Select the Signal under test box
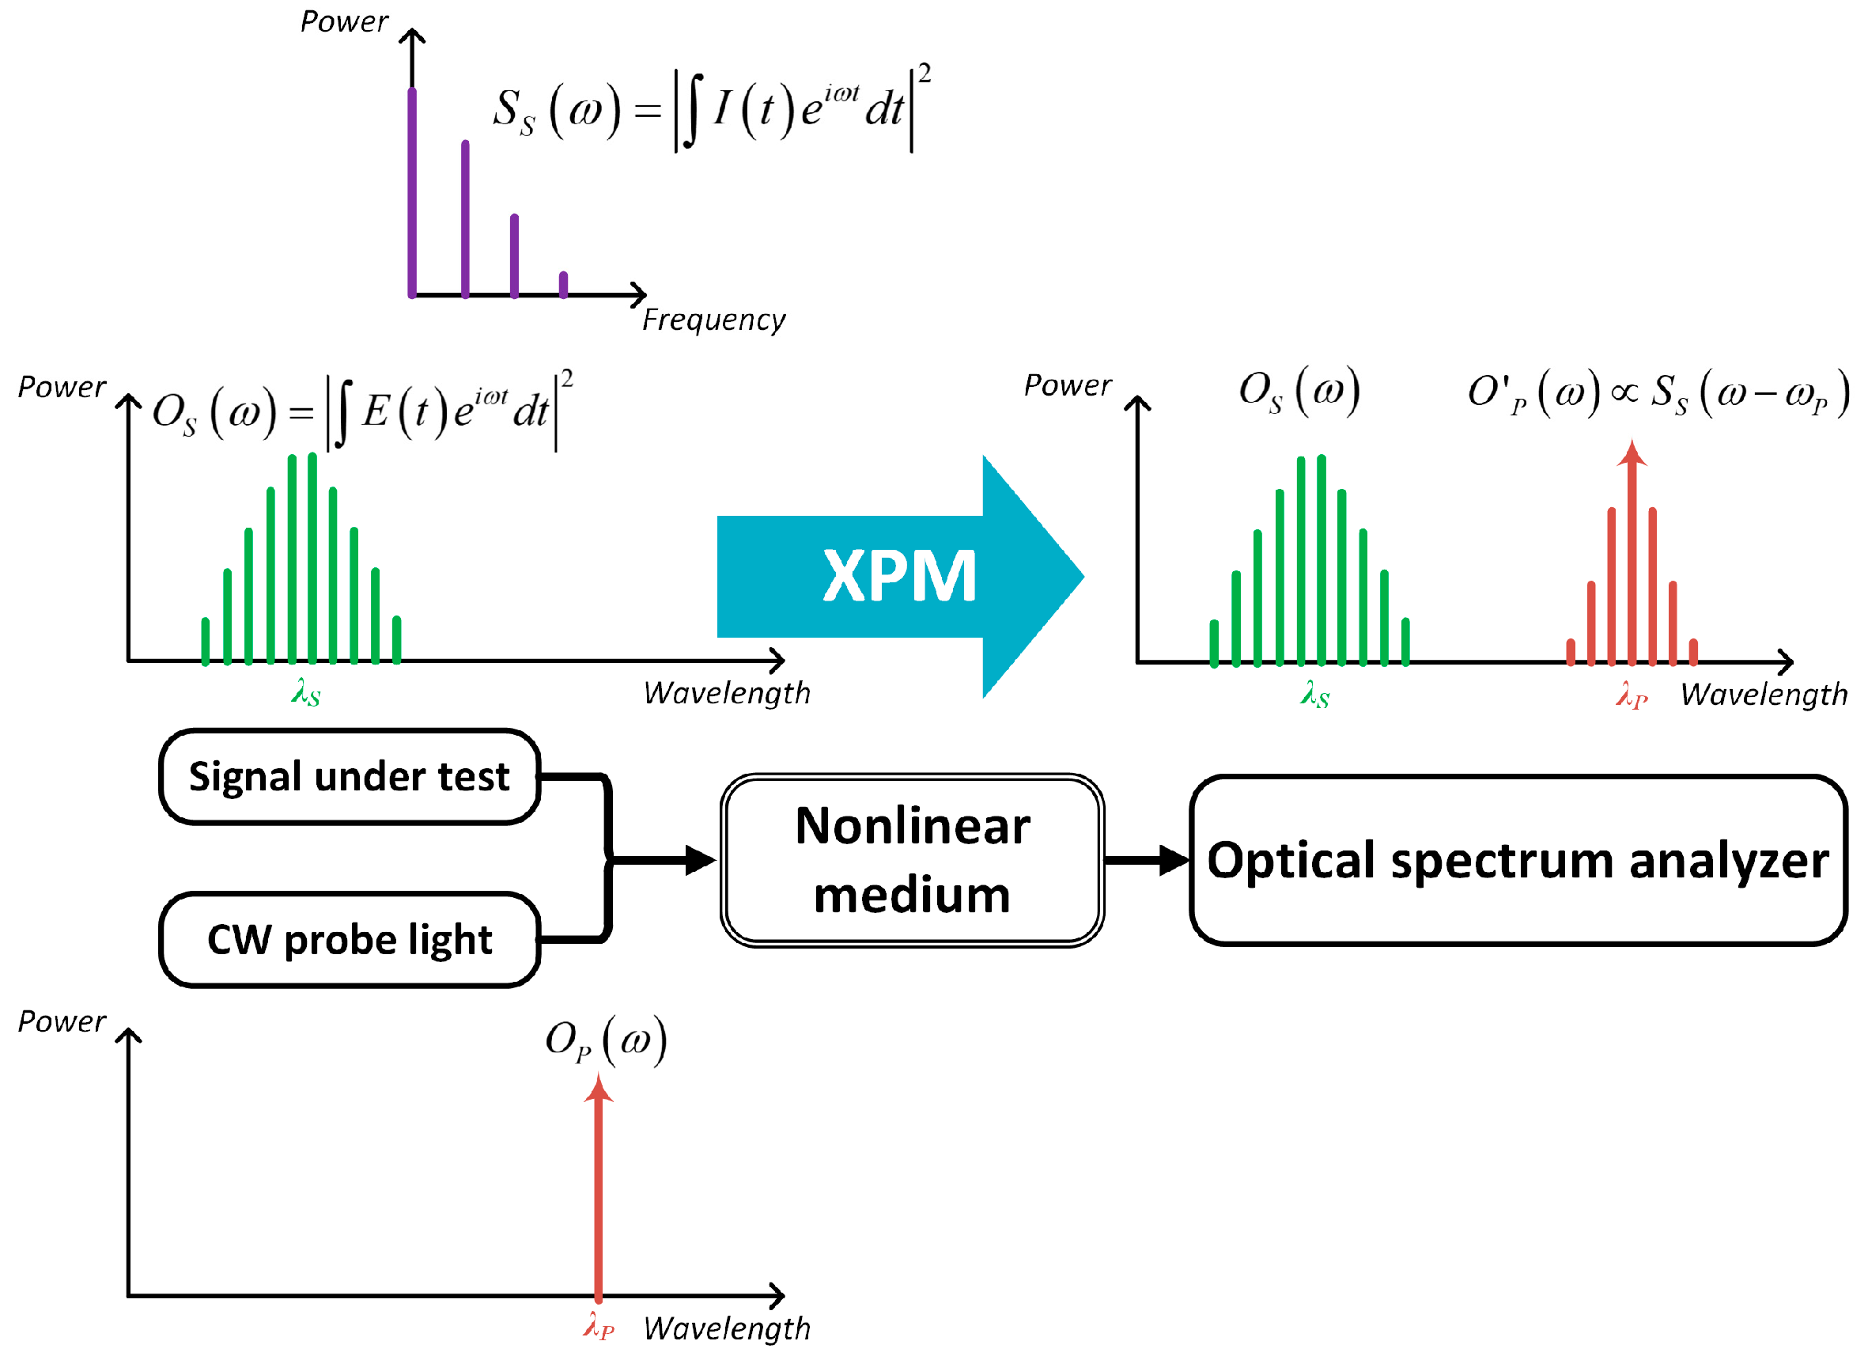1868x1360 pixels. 350,777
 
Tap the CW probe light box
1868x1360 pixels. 350,940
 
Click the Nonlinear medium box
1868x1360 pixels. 912,860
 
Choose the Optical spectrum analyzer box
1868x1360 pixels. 1517,860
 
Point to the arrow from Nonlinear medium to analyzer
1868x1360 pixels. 1145,860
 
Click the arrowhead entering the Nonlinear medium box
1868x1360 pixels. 700,860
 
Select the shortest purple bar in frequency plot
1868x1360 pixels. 563,284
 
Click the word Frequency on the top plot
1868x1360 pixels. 713,320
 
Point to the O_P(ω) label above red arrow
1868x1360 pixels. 605,1041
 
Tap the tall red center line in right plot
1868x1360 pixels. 1632,560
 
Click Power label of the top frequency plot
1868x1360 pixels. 343,21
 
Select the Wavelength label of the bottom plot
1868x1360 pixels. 727,1328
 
